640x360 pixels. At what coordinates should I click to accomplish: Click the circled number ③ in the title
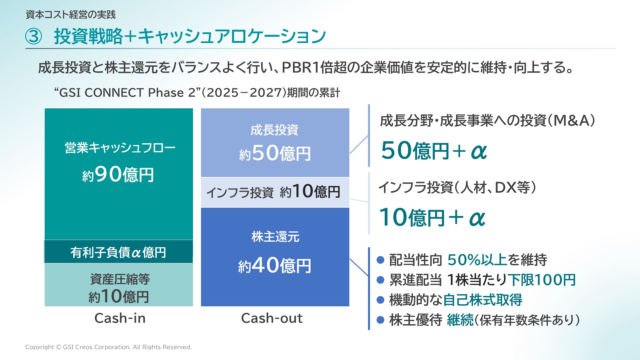coord(34,36)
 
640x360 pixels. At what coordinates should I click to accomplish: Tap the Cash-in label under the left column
coord(120,318)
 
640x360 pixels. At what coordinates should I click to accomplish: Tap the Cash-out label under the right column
coord(272,318)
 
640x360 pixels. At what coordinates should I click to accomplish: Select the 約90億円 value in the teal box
coord(118,174)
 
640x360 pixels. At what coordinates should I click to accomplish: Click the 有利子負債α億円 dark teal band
coord(119,252)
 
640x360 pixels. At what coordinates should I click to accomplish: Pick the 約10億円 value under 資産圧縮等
coord(119,296)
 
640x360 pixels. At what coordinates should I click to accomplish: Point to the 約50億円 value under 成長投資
coord(275,153)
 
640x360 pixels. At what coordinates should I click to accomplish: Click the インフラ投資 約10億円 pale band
coord(275,192)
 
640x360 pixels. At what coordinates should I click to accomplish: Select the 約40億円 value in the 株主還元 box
coord(275,266)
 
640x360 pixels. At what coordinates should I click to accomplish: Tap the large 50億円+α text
coord(434,151)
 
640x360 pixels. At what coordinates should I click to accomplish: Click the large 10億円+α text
coord(432,218)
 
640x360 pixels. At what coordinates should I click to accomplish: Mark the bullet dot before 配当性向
coord(381,260)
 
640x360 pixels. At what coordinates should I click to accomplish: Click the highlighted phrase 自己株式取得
coord(483,300)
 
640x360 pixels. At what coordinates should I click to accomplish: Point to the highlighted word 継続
coord(460,320)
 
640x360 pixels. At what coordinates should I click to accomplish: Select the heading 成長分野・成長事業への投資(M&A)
coord(487,120)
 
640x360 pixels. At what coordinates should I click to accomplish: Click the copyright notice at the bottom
coord(109,347)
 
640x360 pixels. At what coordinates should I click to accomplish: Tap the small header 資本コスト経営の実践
coord(71,15)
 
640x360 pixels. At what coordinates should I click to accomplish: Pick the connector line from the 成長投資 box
coord(359,144)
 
